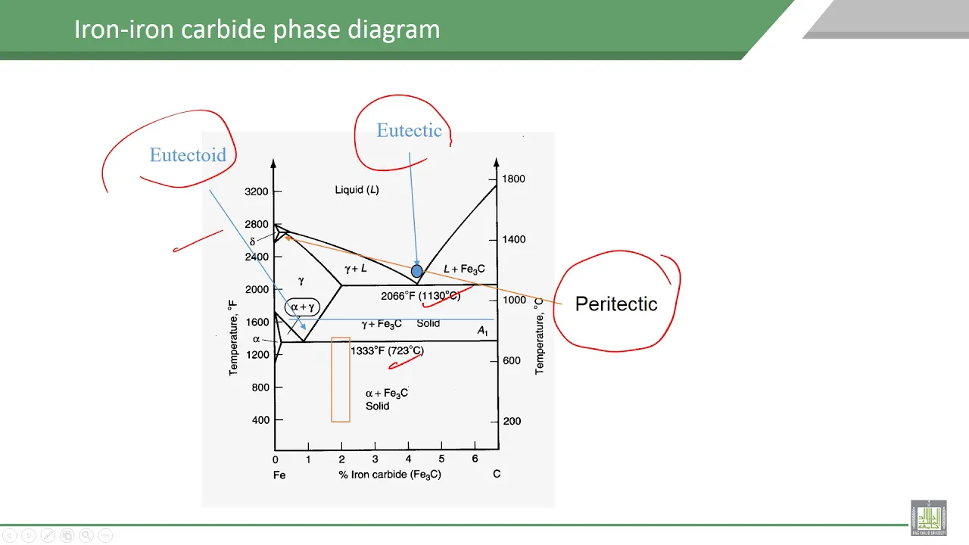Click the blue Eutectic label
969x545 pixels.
(x=410, y=130)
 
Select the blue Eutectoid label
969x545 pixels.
(x=188, y=155)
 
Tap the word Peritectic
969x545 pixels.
(x=616, y=304)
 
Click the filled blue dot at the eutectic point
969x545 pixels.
(x=416, y=271)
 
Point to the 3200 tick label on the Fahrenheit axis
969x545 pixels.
(x=257, y=192)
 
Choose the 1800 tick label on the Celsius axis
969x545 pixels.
(x=513, y=179)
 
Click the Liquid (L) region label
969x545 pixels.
(x=357, y=189)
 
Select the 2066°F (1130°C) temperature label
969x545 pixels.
(x=420, y=296)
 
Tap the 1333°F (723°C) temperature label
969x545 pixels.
(x=387, y=350)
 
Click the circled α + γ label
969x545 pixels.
(x=302, y=307)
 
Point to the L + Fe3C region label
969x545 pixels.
(x=464, y=269)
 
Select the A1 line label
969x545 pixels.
(x=482, y=331)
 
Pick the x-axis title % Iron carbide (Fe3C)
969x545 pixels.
(x=390, y=475)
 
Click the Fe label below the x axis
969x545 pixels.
(x=279, y=475)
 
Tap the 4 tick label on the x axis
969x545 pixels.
(x=408, y=459)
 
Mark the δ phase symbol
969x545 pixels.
(x=253, y=241)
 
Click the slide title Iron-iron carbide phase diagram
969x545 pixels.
(x=257, y=29)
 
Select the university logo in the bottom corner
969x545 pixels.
(x=928, y=518)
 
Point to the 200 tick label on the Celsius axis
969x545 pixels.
(x=513, y=421)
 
